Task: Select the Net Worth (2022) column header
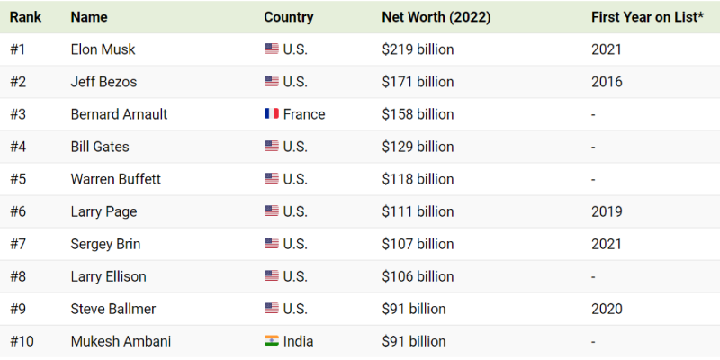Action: point(436,17)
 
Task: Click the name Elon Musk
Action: point(103,49)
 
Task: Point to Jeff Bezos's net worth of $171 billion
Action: point(418,82)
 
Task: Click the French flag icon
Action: point(271,114)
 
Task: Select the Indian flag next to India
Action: point(271,341)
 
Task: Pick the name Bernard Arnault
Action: point(119,114)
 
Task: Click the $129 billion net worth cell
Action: point(418,147)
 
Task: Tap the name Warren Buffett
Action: point(115,179)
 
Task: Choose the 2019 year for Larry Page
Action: point(607,211)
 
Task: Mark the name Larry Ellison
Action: point(108,276)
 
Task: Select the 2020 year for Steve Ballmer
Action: point(607,309)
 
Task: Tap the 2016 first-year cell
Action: point(607,82)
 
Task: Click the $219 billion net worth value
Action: point(418,49)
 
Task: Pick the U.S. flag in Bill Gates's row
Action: point(271,147)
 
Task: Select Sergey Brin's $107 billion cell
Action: point(418,244)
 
